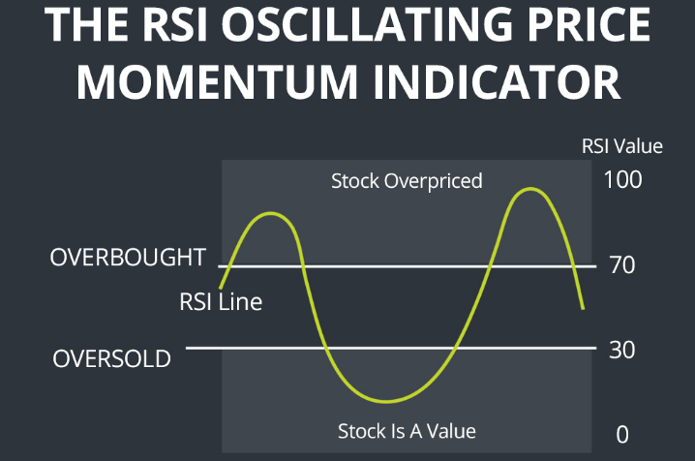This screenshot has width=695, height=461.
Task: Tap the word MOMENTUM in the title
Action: pyautogui.click(x=217, y=82)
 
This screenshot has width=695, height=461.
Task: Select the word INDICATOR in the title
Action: pyautogui.click(x=498, y=82)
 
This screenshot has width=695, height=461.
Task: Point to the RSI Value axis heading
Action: pyautogui.click(x=621, y=146)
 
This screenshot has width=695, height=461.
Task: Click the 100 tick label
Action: pyautogui.click(x=622, y=179)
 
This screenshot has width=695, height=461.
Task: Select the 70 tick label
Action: pyautogui.click(x=622, y=265)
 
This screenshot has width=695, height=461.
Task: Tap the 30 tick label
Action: pyautogui.click(x=621, y=351)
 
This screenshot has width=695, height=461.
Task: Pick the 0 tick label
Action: pyautogui.click(x=622, y=435)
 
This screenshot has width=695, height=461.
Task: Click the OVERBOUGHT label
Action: pyautogui.click(x=128, y=257)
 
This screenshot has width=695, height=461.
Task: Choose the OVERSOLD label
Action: pyautogui.click(x=111, y=358)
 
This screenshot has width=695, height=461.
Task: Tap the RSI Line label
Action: pyautogui.click(x=221, y=302)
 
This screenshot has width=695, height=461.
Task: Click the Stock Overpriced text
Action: pyautogui.click(x=407, y=181)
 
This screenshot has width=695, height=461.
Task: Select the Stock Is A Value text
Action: pyautogui.click(x=407, y=431)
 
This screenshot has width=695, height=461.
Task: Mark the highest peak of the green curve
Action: pyautogui.click(x=530, y=189)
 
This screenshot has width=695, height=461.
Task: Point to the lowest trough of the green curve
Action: pyautogui.click(x=386, y=402)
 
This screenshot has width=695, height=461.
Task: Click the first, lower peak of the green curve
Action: pyautogui.click(x=270, y=214)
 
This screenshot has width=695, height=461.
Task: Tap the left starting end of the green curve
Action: pyautogui.click(x=221, y=289)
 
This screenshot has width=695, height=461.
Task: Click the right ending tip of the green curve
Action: pyautogui.click(x=583, y=309)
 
